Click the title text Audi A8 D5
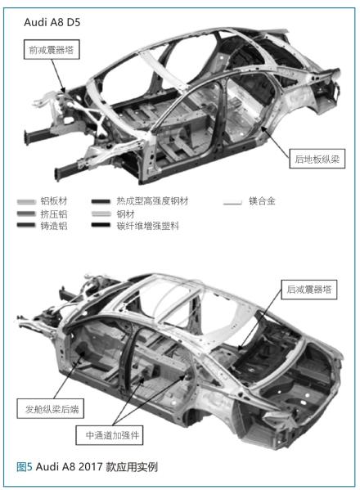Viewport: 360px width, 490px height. (x=52, y=23)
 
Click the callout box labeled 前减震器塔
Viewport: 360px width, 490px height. (x=52, y=49)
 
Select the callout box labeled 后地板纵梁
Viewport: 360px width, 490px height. (x=317, y=159)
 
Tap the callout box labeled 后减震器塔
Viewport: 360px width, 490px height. (x=309, y=290)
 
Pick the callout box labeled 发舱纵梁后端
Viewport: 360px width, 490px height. (x=50, y=408)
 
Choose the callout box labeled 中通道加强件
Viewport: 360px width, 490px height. (x=110, y=435)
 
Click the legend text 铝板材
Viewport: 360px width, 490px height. (x=54, y=201)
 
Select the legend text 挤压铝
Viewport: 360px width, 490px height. (x=54, y=214)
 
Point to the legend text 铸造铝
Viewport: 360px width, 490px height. (x=54, y=226)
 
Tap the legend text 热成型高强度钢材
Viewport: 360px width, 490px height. (x=153, y=201)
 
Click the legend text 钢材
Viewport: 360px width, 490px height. (x=126, y=214)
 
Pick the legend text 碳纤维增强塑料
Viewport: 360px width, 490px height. (x=148, y=226)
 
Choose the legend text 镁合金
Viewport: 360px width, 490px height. (x=262, y=200)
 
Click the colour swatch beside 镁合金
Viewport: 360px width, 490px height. (x=232, y=202)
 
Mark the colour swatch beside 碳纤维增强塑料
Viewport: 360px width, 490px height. (x=101, y=225)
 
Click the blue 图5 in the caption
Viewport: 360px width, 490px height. (x=25, y=467)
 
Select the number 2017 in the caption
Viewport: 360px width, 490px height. (x=90, y=467)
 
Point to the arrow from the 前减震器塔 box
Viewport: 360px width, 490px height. (x=58, y=76)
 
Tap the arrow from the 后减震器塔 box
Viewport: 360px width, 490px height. (x=260, y=319)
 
